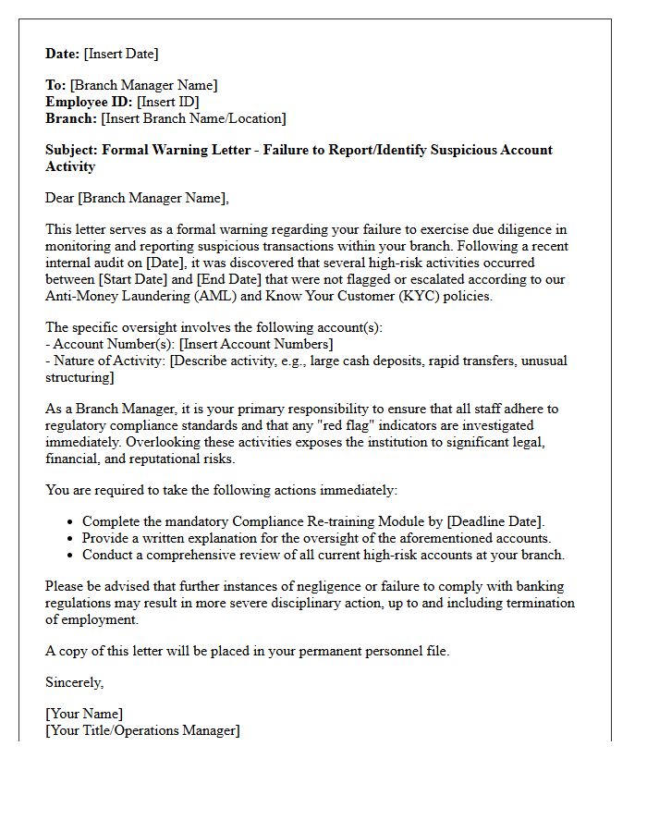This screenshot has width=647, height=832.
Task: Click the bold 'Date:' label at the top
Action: pos(63,54)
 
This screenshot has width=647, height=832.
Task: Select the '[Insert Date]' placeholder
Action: pos(121,54)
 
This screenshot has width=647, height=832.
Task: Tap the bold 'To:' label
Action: pos(55,85)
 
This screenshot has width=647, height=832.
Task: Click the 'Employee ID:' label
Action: pos(89,102)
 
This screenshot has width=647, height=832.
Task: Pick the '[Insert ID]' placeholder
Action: pos(167,102)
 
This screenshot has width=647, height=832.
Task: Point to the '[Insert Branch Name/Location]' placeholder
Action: pos(193,118)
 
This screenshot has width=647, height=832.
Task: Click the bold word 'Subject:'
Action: pos(72,150)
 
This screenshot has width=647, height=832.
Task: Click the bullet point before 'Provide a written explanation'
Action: pos(70,538)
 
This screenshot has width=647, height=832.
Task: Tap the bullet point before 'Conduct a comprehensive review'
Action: pos(70,555)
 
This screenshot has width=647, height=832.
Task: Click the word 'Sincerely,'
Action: pos(75,682)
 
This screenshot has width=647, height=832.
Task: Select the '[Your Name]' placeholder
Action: pos(84,714)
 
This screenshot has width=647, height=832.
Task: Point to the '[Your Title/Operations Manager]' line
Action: pos(142,730)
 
